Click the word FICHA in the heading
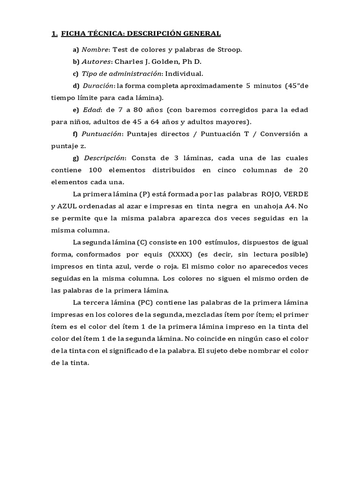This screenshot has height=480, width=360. pos(74,33)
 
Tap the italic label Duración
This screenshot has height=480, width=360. pos(98,86)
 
